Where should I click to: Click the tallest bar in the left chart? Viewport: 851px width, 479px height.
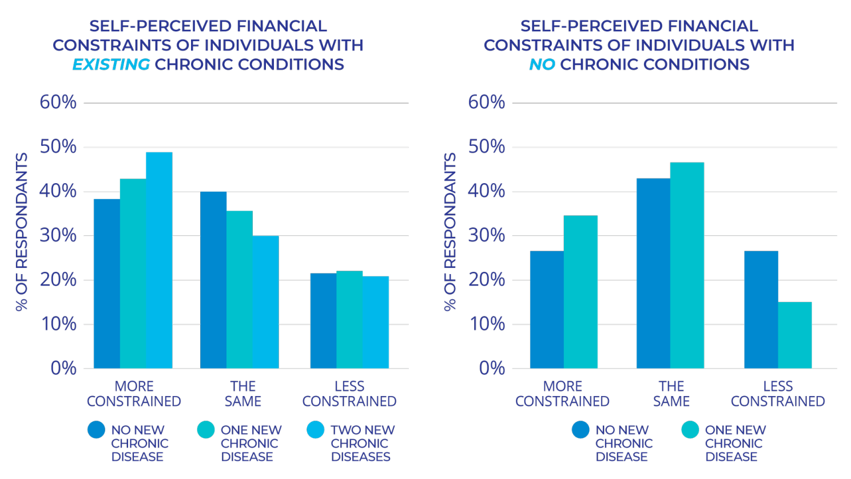point(159,260)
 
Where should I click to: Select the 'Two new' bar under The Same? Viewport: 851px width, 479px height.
point(265,302)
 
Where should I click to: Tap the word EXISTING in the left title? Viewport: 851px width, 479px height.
point(111,64)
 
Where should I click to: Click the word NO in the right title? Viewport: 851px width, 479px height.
point(542,64)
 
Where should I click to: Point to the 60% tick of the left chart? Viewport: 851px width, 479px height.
point(58,102)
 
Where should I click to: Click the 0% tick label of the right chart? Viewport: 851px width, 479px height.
point(492,368)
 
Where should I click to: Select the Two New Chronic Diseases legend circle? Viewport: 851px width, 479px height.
point(315,430)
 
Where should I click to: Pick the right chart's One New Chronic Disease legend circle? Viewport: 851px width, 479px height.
point(690,430)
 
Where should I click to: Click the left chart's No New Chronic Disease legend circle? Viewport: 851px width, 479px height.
point(96,430)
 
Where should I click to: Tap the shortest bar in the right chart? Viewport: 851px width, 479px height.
point(795,335)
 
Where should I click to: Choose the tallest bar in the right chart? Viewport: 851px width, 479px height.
point(687,265)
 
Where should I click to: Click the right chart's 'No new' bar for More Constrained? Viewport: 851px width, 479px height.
point(547,309)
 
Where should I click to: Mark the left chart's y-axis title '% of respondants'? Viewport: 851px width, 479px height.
point(22,232)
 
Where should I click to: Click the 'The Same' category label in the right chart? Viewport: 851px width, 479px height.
point(671,394)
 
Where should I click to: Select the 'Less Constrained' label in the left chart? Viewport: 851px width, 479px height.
point(349,394)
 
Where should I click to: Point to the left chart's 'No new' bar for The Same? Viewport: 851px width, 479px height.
point(213,280)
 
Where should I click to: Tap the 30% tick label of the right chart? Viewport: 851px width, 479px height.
point(487,235)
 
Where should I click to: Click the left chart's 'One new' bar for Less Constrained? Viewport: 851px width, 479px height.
point(349,319)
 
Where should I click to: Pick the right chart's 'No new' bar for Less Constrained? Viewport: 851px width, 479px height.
point(761,309)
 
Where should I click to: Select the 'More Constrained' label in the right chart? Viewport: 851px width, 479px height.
point(562,394)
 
